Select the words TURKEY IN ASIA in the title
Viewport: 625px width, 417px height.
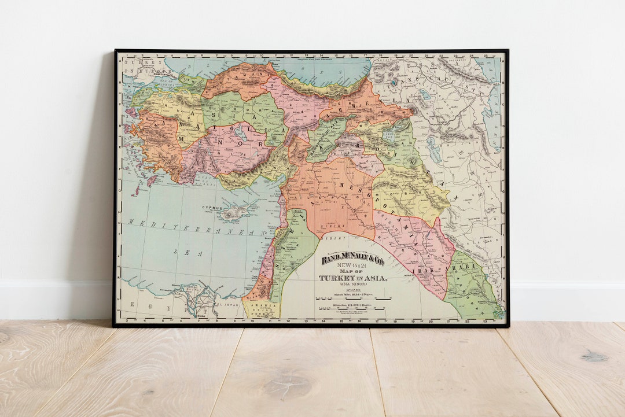tap(353, 278)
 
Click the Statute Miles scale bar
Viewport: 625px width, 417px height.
tap(353, 299)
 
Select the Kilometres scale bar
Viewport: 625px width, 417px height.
tap(353, 308)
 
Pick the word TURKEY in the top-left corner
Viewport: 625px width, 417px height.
tap(137, 61)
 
